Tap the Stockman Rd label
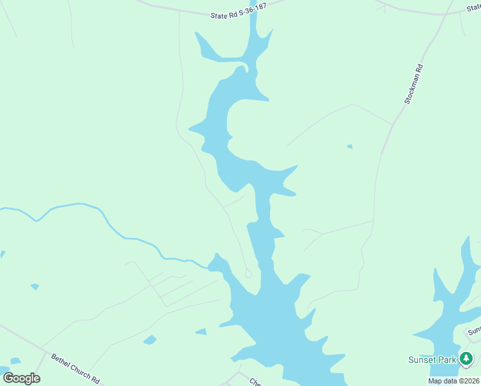pyautogui.click(x=413, y=84)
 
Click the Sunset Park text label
pyautogui.click(x=432, y=360)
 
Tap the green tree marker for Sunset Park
pyautogui.click(x=466, y=359)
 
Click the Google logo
pyautogui.click(x=21, y=378)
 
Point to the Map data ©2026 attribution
pyautogui.click(x=454, y=381)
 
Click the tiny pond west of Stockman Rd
pyautogui.click(x=349, y=147)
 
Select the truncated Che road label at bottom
pyautogui.click(x=256, y=381)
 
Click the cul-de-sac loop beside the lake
pyautogui.click(x=248, y=273)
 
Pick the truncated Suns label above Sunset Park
pyautogui.click(x=474, y=332)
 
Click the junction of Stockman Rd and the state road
pyautogui.click(x=444, y=14)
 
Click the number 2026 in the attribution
pyautogui.click(x=469, y=381)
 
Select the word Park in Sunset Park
pyautogui.click(x=447, y=360)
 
